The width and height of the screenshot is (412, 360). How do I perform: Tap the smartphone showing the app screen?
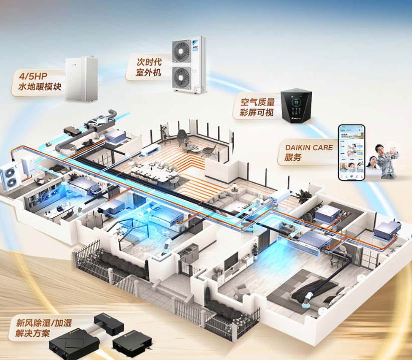(351, 153)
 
